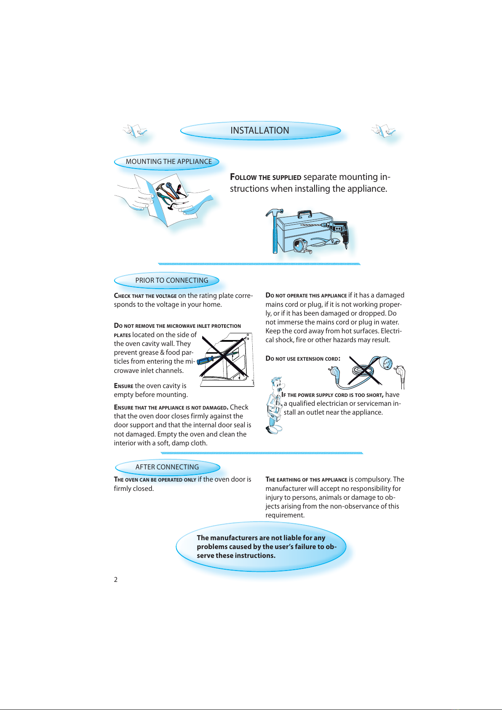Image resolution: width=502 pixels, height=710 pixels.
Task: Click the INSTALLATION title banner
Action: click(260, 130)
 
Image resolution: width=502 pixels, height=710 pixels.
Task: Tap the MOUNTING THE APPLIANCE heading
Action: click(167, 162)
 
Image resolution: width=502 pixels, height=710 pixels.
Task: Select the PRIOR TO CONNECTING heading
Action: click(167, 281)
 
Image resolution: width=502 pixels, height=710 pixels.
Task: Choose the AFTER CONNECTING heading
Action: click(168, 467)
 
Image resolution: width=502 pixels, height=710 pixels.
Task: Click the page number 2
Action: click(115, 580)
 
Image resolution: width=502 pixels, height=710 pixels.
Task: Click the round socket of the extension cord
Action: click(386, 364)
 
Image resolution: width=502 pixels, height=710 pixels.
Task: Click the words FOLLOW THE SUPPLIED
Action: click(265, 177)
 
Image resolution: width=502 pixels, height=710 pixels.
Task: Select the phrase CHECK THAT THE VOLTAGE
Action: click(145, 296)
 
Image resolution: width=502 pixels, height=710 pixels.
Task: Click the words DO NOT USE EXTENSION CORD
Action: click(303, 359)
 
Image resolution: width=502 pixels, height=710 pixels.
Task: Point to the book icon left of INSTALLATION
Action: click(135, 131)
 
